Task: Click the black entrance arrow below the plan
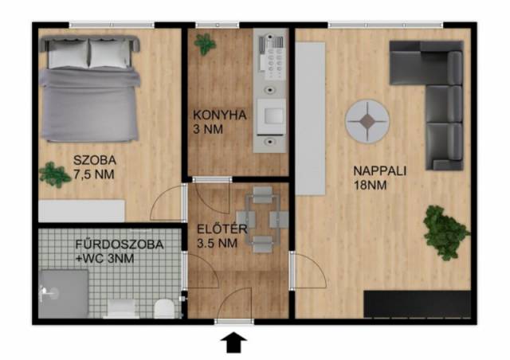[x=233, y=342]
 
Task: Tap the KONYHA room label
[x=220, y=115]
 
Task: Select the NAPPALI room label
[x=379, y=171]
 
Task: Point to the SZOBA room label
[x=95, y=160]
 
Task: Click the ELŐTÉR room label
[x=222, y=229]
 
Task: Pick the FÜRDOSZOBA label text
[x=120, y=245]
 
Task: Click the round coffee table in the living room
[x=367, y=122]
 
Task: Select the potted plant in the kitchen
[x=205, y=44]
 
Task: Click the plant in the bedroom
[x=54, y=174]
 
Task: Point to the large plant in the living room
[x=445, y=233]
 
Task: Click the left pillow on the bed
[x=69, y=53]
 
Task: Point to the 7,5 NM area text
[x=94, y=174]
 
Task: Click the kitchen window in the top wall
[x=218, y=25]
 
